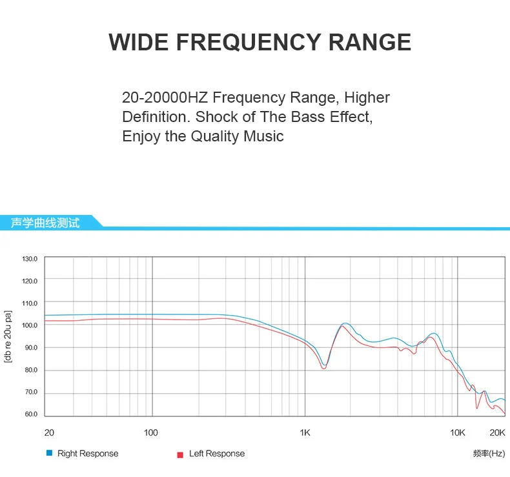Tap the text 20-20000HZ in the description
click(165, 98)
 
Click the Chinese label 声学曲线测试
click(45, 223)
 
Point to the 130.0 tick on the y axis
click(30, 259)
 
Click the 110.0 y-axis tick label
click(30, 303)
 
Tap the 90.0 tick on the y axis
click(32, 348)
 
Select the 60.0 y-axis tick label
click(32, 414)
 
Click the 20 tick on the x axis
click(48, 432)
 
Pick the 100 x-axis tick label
click(151, 432)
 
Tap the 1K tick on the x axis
click(305, 432)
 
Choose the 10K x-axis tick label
click(458, 432)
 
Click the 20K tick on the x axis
click(496, 432)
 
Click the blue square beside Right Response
click(49, 453)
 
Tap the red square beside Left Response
click(180, 454)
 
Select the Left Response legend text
click(217, 454)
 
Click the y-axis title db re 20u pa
click(8, 336)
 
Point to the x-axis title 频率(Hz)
click(489, 454)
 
